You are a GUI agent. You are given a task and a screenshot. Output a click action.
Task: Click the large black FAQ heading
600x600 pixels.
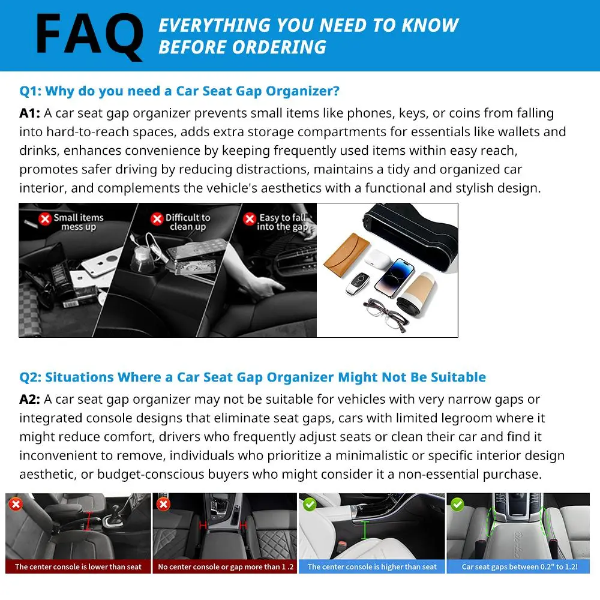89,36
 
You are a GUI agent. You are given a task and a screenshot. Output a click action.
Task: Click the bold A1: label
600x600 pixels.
30,113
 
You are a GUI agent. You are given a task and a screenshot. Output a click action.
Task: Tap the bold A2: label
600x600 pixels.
30,400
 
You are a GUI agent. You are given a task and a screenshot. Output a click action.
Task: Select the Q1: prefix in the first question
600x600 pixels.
30,91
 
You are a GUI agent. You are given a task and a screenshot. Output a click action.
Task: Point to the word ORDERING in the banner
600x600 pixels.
279,47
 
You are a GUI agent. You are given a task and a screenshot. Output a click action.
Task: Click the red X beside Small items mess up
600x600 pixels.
45,219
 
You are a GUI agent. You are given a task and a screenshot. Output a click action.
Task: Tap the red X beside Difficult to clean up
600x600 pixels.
157,219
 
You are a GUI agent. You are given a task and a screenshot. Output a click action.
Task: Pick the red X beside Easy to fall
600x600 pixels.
250,219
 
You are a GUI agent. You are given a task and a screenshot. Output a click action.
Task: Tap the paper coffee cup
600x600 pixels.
416,293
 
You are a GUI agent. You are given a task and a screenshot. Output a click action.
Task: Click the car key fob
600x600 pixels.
358,284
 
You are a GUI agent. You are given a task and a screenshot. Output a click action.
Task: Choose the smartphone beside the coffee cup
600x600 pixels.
395,278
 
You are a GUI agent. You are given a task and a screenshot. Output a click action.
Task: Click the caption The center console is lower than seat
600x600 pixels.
78,567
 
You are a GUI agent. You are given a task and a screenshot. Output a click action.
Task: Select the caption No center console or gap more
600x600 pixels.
226,567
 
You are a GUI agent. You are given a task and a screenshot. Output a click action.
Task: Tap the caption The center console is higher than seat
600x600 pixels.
372,567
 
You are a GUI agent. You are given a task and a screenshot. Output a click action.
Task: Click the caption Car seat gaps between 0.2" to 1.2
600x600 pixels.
519,567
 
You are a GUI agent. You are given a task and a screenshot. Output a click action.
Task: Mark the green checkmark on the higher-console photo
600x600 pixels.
310,505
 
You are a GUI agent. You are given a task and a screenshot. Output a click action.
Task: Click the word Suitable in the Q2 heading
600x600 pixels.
458,377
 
